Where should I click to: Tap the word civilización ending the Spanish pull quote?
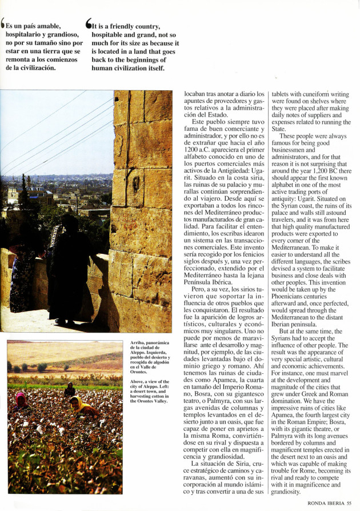(x=36, y=67)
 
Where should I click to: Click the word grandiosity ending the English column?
(x=286, y=492)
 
